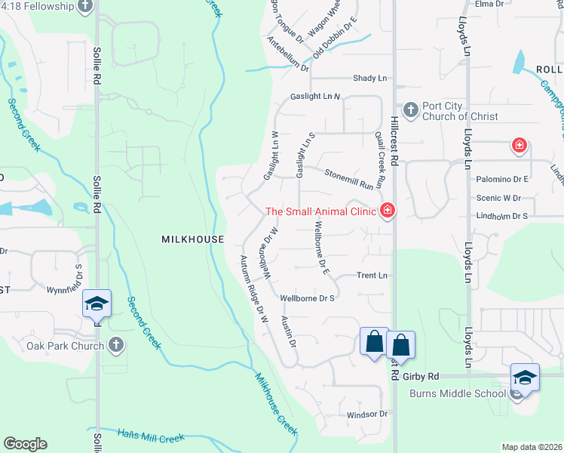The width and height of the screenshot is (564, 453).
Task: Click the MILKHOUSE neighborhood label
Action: pos(193,239)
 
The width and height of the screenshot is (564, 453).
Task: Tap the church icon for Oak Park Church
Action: pos(115,345)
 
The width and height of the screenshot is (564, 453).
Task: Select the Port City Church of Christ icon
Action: pos(410,110)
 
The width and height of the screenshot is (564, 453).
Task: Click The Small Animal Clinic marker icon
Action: pos(388,211)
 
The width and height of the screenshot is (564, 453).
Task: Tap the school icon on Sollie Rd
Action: pos(97,304)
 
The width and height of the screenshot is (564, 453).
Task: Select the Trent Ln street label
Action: pos(372,276)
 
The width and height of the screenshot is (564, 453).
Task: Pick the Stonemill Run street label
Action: pos(349,179)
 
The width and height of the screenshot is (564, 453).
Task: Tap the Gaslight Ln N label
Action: pos(316,97)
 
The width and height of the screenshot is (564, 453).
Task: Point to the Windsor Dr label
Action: pos(366,414)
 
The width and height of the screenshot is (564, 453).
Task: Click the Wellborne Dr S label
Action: pos(307,298)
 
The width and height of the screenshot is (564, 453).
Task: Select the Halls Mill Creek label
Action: pos(151,435)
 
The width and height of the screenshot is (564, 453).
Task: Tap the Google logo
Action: pos(25,444)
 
